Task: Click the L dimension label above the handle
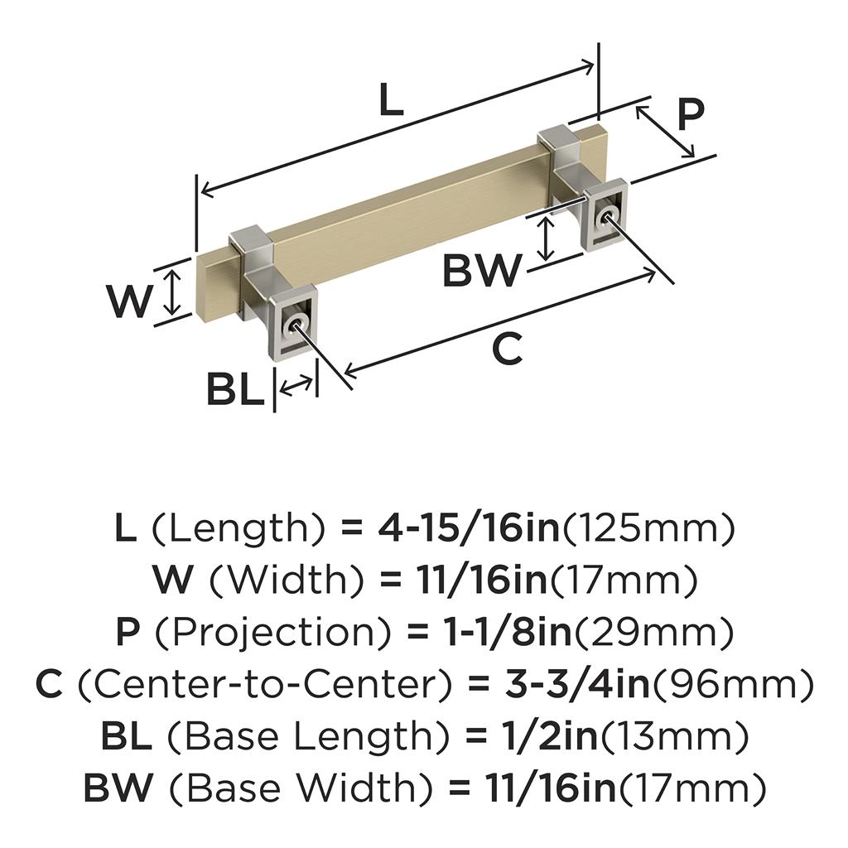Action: pyautogui.click(x=391, y=100)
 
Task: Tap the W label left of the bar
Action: pyautogui.click(x=129, y=301)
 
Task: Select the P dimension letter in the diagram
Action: pyautogui.click(x=691, y=113)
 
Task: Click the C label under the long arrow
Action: pyautogui.click(x=508, y=349)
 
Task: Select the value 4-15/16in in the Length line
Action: pyautogui.click(x=469, y=528)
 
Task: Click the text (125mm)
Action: pyautogui.click(x=648, y=528)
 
